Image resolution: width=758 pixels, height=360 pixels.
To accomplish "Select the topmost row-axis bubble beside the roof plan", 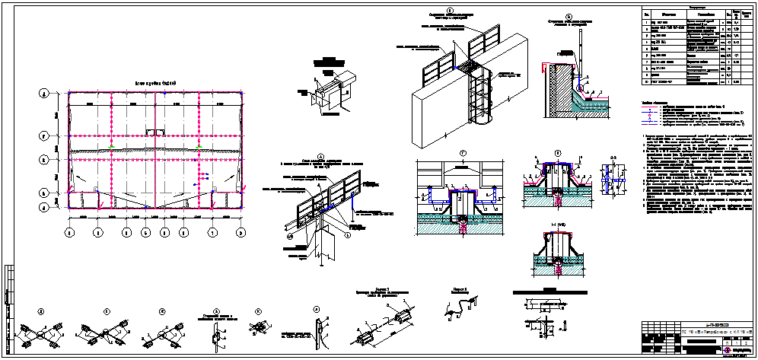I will [45, 93].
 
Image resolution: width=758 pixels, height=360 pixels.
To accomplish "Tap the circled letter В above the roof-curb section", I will [557, 153].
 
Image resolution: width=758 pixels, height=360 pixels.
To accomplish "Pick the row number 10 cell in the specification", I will [645, 82].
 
